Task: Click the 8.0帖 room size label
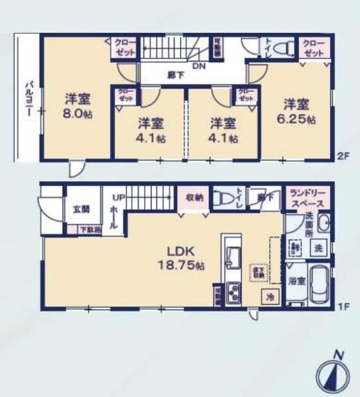[78, 115]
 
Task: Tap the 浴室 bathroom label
[296, 281]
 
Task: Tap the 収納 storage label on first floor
[194, 198]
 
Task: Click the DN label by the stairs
[199, 65]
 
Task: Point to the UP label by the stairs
[117, 198]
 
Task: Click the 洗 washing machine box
[317, 248]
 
